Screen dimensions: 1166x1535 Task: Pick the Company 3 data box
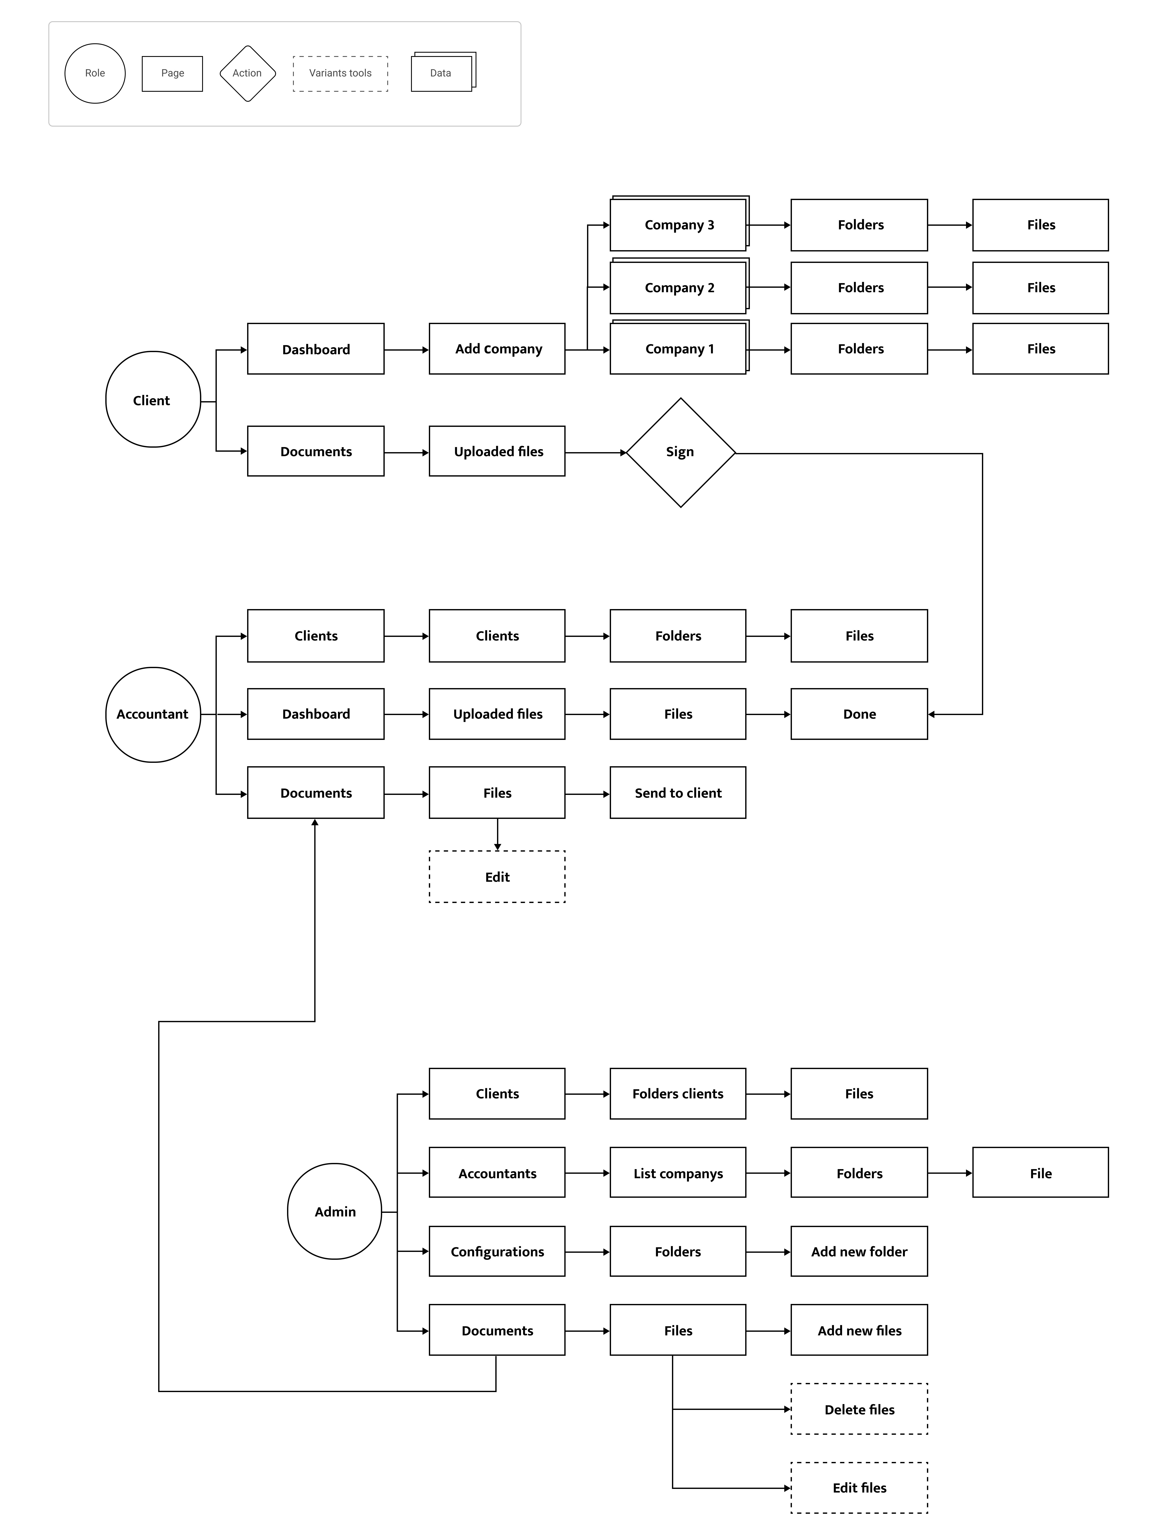[679, 224]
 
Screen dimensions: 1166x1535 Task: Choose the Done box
[859, 714]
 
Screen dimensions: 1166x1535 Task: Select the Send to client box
[678, 793]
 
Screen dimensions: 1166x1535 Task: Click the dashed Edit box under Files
[497, 877]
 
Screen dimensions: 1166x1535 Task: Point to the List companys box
[678, 1173]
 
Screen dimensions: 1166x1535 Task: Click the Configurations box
[497, 1251]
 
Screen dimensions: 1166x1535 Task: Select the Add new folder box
[859, 1251]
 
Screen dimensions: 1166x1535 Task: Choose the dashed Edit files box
[859, 1488]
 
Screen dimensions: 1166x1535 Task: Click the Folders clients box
[678, 1093]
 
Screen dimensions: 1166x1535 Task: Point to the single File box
[1040, 1173]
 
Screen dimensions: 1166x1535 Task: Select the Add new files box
[859, 1330]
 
